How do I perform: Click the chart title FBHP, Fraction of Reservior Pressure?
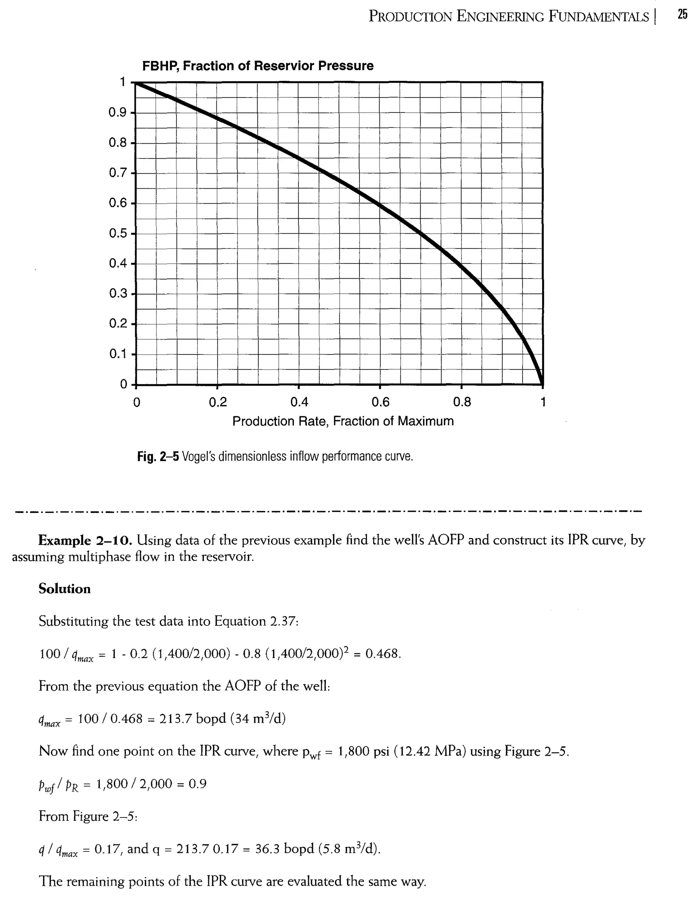click(258, 66)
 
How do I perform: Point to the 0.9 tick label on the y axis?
click(117, 113)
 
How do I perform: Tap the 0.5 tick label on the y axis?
click(117, 233)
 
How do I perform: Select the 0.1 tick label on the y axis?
click(117, 354)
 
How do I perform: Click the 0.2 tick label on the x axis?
click(218, 402)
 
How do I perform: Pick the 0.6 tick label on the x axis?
click(380, 402)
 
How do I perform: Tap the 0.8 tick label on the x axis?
click(461, 402)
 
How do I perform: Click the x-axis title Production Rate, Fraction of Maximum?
click(343, 421)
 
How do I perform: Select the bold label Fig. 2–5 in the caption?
click(158, 456)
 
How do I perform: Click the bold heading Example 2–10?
click(85, 540)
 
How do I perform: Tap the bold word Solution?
click(65, 589)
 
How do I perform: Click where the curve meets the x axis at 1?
click(542, 384)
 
